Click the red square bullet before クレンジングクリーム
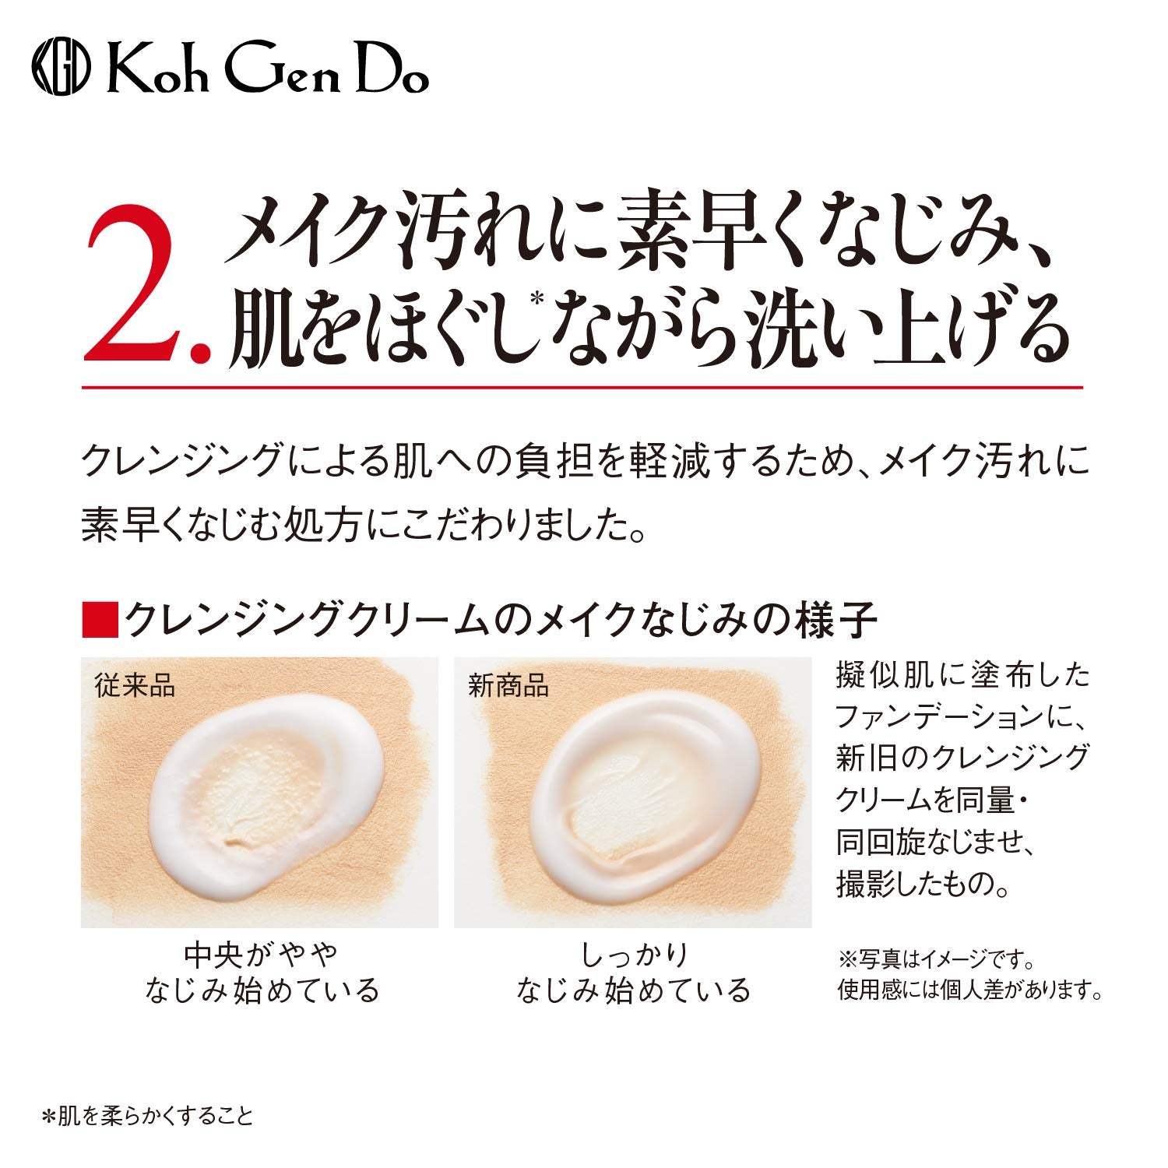click(x=99, y=620)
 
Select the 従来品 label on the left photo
click(x=135, y=686)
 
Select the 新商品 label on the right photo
click(x=508, y=686)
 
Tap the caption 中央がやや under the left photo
click(x=261, y=953)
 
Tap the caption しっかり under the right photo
click(x=633, y=953)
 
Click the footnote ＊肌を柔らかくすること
click(x=148, y=1116)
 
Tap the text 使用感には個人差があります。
click(x=969, y=990)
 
